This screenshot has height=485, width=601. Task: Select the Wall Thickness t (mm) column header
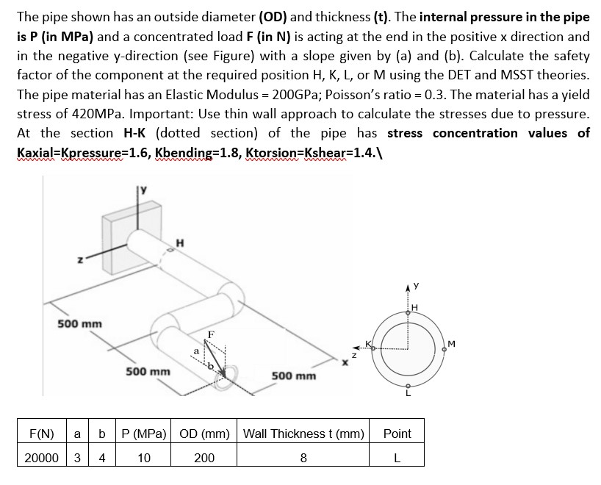point(303,434)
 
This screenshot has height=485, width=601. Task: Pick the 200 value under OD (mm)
point(204,458)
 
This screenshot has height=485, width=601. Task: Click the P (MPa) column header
point(144,434)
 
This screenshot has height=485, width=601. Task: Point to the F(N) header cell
point(40,434)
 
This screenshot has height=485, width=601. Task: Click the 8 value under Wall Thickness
point(303,458)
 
